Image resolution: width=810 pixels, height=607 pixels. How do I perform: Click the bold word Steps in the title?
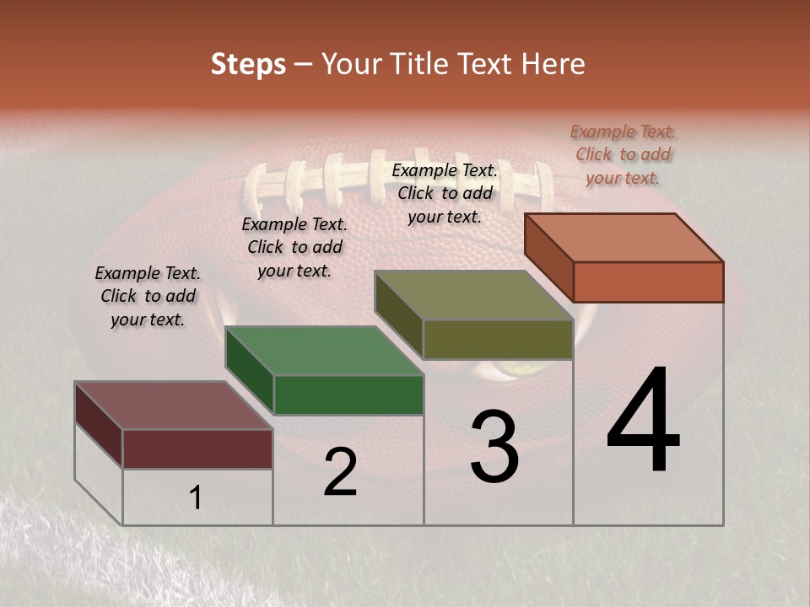click(248, 64)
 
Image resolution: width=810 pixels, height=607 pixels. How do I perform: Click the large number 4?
click(643, 421)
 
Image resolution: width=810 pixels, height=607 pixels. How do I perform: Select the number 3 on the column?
click(494, 447)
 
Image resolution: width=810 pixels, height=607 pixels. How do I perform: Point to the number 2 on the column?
click(340, 473)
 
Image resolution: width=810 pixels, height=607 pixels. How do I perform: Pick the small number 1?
click(196, 498)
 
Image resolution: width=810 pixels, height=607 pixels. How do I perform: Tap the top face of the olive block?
click(474, 295)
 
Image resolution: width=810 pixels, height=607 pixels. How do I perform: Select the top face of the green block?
click(324, 351)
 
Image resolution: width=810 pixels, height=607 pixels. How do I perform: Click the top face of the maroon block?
click(174, 406)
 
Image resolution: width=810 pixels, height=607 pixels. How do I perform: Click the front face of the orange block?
click(648, 282)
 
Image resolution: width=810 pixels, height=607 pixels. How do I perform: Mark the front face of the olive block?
click(498, 339)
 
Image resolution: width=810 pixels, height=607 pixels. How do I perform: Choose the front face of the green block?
click(348, 395)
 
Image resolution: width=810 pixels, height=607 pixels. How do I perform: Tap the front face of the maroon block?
click(197, 449)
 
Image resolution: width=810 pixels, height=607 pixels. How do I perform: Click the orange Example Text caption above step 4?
click(623, 154)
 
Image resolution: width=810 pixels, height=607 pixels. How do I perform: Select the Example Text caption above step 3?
click(445, 193)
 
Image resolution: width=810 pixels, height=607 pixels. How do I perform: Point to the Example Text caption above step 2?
click(294, 247)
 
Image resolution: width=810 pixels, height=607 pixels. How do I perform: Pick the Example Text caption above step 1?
click(148, 296)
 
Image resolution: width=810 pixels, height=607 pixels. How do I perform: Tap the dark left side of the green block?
click(250, 371)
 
